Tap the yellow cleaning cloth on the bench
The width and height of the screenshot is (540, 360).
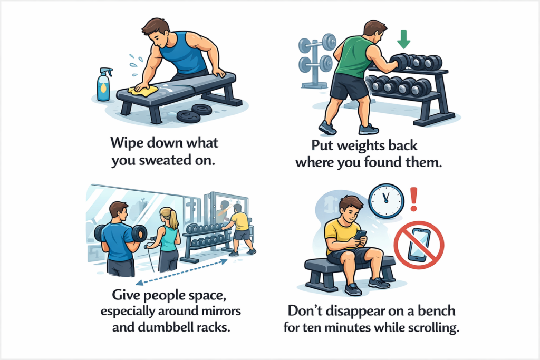[143, 90]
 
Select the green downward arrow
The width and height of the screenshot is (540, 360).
[403, 39]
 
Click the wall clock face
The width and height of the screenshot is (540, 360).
[386, 201]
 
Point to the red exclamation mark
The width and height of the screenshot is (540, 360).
[414, 199]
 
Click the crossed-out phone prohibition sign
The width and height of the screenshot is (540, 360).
[419, 245]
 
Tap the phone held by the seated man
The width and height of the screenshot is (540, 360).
[361, 236]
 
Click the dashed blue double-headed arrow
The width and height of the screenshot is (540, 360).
[181, 272]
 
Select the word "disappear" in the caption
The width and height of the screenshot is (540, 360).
[355, 311]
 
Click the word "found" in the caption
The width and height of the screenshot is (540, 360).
[383, 162]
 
